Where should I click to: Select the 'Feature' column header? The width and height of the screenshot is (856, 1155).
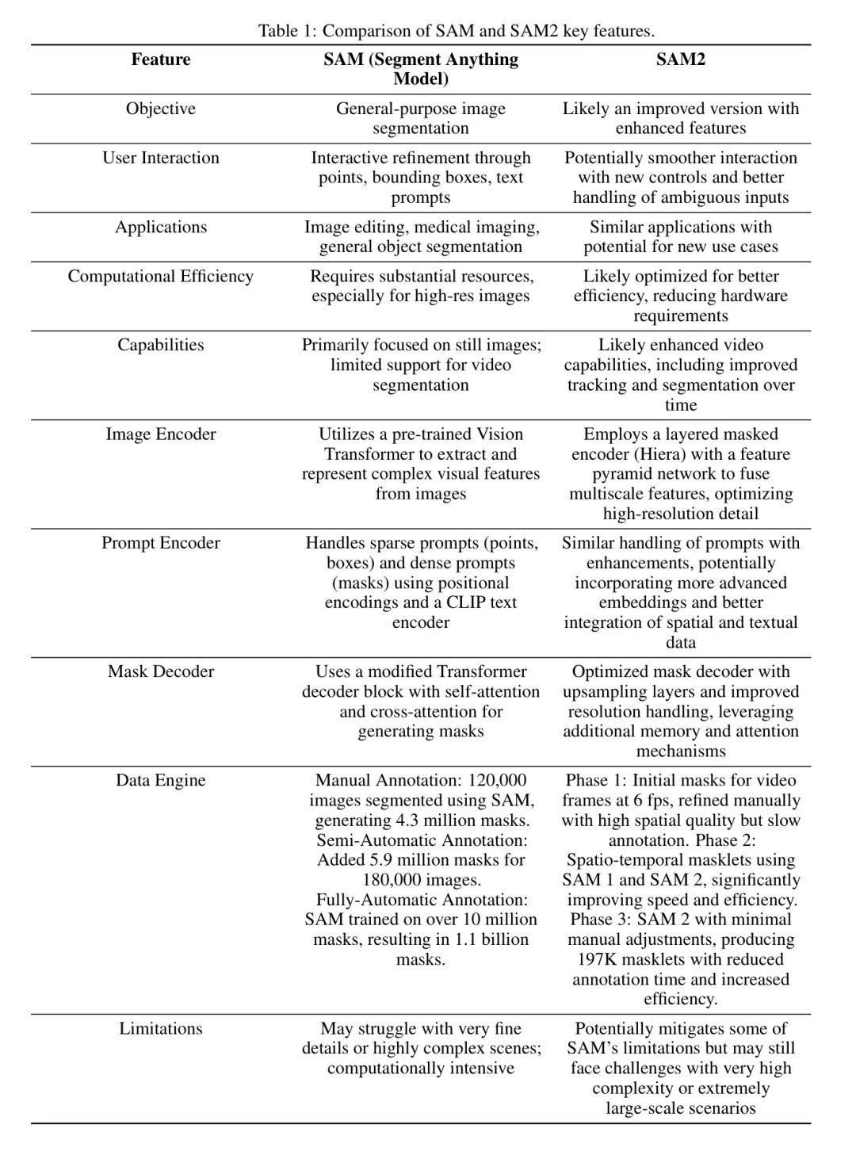point(161,59)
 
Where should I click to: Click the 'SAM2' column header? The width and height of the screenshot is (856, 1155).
point(680,59)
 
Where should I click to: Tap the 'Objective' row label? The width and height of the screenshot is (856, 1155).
point(161,109)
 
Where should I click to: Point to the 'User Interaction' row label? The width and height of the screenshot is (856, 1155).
point(161,158)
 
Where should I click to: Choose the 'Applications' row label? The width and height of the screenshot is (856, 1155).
point(161,227)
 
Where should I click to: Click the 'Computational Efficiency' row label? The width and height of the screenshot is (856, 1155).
point(161,276)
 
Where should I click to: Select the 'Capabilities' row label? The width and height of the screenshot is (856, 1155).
point(161,345)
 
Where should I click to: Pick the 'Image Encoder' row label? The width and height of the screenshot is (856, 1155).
point(161,434)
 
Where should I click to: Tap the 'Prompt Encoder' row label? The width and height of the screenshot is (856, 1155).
point(161,543)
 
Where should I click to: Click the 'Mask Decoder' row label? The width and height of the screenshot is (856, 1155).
point(161,671)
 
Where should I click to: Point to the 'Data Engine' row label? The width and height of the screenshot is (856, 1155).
point(161,780)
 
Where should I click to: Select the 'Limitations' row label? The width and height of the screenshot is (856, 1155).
point(161,1029)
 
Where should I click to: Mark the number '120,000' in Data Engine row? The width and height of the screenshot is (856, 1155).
point(498,780)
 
